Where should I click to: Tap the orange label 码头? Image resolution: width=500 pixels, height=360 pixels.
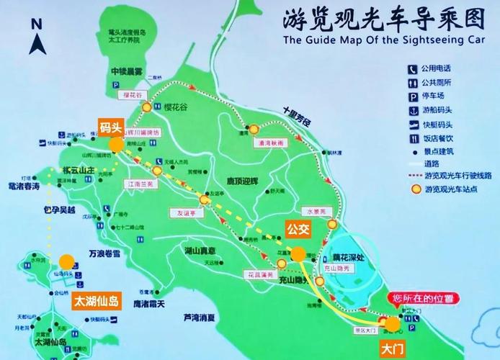111,128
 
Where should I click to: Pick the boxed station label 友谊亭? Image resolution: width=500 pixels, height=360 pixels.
184,212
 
